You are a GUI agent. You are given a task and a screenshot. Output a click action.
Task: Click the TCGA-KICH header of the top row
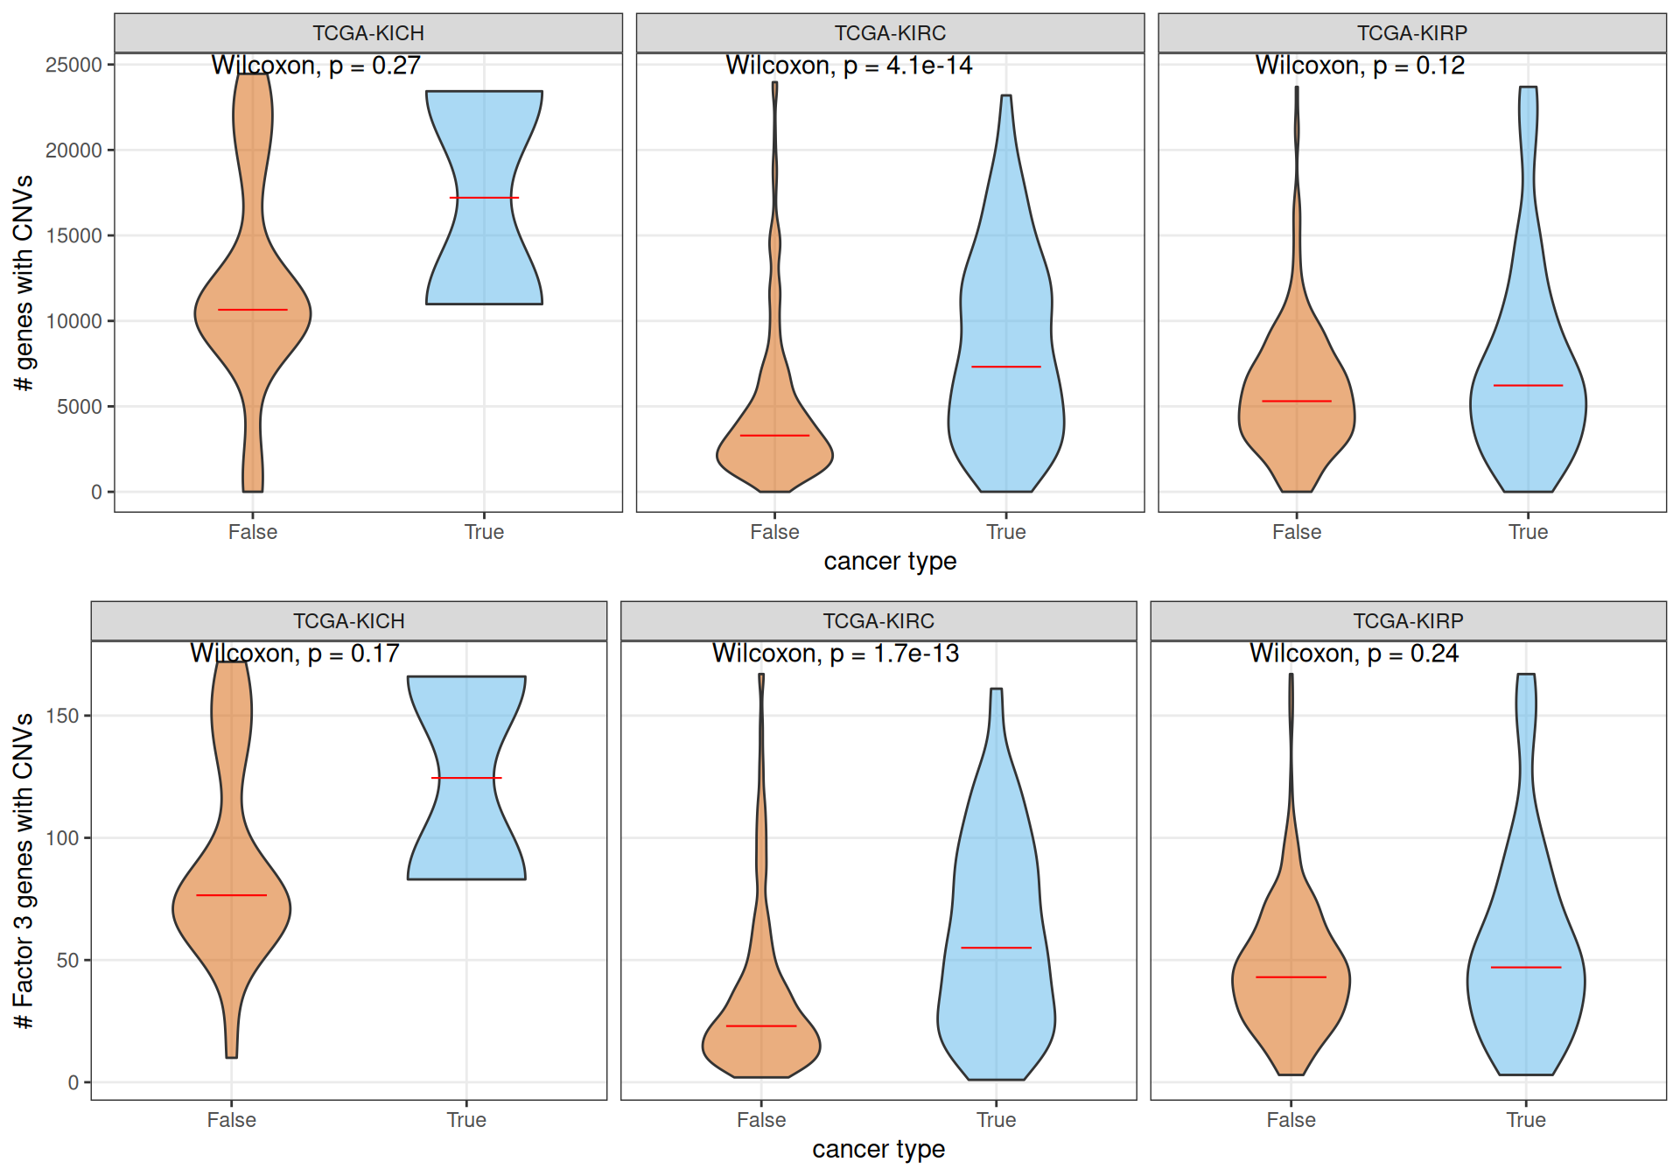[368, 33]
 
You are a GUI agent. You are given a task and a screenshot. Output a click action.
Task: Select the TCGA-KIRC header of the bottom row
[878, 621]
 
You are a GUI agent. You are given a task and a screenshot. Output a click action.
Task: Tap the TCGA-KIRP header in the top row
[1411, 33]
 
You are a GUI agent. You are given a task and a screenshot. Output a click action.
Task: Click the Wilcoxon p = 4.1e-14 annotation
[849, 66]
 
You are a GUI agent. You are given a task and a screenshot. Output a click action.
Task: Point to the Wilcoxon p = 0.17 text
[295, 654]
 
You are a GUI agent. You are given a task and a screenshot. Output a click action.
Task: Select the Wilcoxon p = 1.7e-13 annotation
[836, 654]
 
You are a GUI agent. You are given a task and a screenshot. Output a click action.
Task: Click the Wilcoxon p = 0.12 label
[1360, 66]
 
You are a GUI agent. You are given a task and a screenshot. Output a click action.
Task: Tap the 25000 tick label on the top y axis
[73, 66]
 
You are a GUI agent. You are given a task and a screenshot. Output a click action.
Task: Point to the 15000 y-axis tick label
[73, 236]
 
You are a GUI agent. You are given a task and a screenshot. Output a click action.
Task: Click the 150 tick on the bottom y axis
[62, 716]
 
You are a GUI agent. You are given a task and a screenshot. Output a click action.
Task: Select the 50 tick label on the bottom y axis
[67, 961]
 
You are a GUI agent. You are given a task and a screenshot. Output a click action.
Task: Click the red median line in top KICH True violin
[484, 198]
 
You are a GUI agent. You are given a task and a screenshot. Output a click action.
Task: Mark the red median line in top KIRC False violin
[774, 435]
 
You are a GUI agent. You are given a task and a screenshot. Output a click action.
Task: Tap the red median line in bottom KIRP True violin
[1526, 967]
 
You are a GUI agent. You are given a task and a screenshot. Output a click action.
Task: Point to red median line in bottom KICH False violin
[231, 895]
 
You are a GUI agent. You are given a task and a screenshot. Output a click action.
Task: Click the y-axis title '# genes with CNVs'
[24, 283]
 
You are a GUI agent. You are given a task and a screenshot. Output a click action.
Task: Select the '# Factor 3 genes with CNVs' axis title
[24, 871]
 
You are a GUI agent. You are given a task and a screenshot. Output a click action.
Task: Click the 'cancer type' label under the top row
[890, 562]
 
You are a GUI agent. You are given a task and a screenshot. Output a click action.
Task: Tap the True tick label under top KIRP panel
[1528, 532]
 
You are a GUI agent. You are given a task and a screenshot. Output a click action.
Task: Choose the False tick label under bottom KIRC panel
[761, 1120]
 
